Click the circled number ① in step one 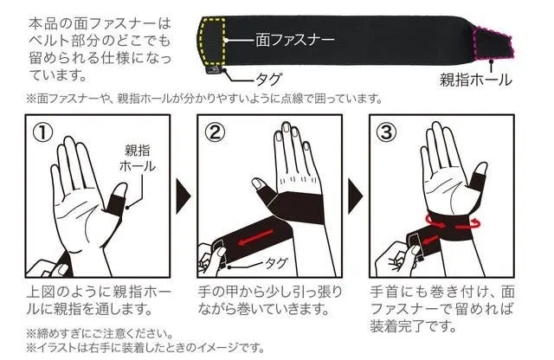click(42, 133)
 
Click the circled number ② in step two click(215, 133)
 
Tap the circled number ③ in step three click(387, 133)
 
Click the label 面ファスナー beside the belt click(295, 40)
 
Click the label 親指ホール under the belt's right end click(475, 79)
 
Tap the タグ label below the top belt click(267, 79)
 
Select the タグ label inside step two click(276, 263)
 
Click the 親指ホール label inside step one click(137, 158)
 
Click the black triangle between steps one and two click(183, 196)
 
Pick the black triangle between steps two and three click(355, 196)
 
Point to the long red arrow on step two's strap click(256, 237)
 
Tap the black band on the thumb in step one click(115, 206)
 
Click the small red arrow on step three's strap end click(430, 241)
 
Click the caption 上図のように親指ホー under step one click(99, 292)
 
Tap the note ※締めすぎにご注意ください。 click(100, 333)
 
